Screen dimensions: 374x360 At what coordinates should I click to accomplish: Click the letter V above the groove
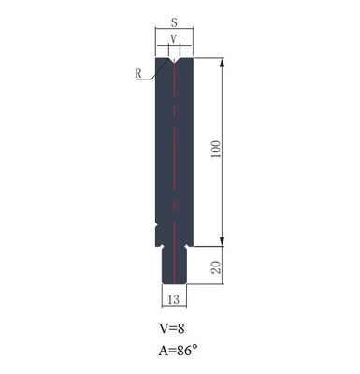point(175,38)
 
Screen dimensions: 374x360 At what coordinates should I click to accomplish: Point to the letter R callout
point(137,70)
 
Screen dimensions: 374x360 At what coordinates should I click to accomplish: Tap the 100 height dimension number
point(217,151)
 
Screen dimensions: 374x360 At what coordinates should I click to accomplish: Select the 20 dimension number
point(217,266)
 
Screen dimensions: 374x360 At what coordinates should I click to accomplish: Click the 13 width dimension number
point(174,299)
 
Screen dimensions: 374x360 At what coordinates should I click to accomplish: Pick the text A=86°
point(179,352)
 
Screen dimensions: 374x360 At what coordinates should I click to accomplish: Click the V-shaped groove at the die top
point(175,62)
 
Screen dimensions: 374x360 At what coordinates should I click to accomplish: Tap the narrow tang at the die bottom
point(175,266)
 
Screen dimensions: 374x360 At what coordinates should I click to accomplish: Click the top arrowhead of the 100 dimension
point(223,64)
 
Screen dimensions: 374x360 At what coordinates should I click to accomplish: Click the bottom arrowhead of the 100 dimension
point(223,239)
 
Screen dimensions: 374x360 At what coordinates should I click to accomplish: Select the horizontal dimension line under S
point(175,31)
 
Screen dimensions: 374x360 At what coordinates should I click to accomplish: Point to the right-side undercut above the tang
point(189,245)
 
